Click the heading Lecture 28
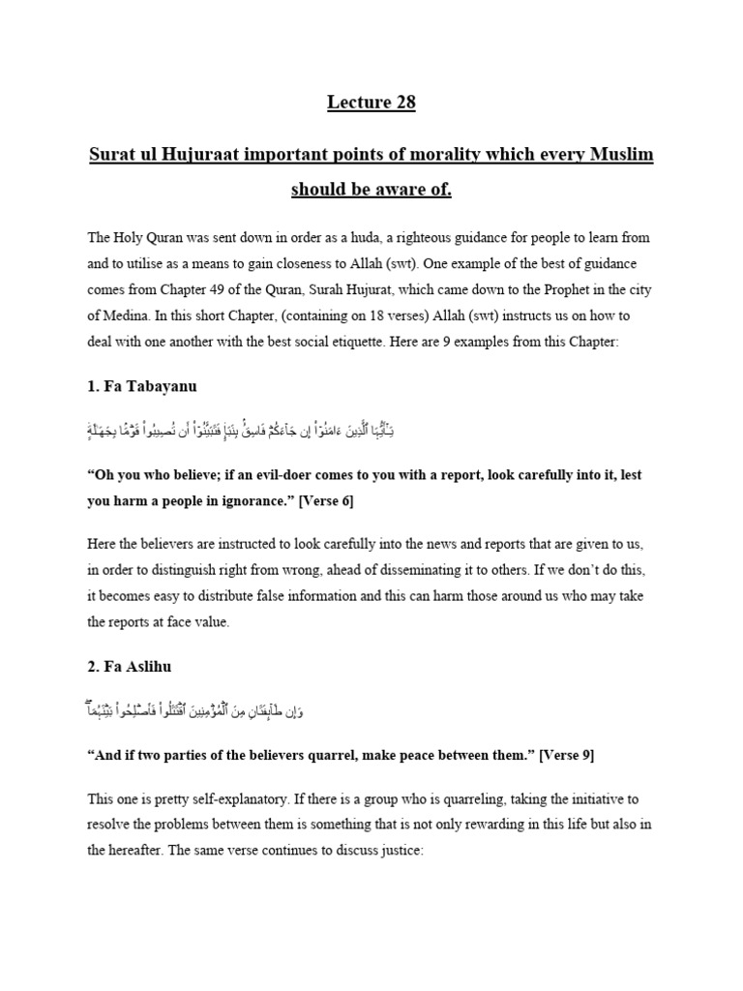click(371, 104)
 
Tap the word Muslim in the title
click(619, 155)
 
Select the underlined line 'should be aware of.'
click(371, 189)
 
